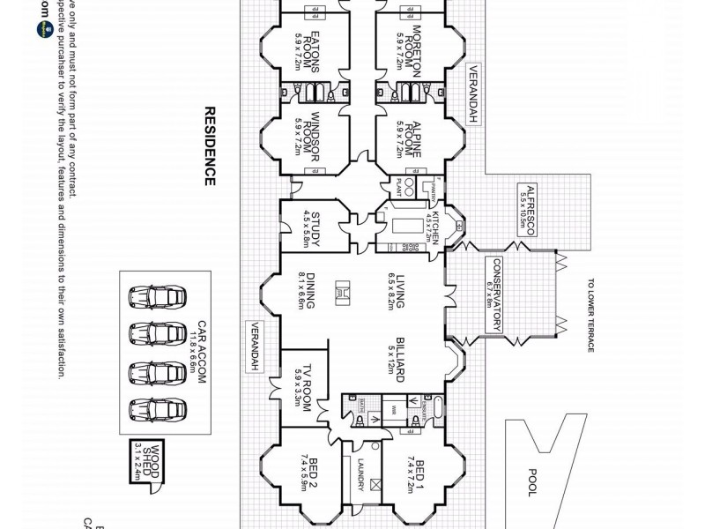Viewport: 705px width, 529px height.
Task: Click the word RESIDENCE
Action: coord(210,146)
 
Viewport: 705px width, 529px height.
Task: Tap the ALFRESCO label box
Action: coord(526,210)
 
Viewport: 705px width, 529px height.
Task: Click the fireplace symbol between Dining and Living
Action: coord(347,292)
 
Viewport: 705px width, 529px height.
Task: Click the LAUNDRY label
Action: coord(360,477)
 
